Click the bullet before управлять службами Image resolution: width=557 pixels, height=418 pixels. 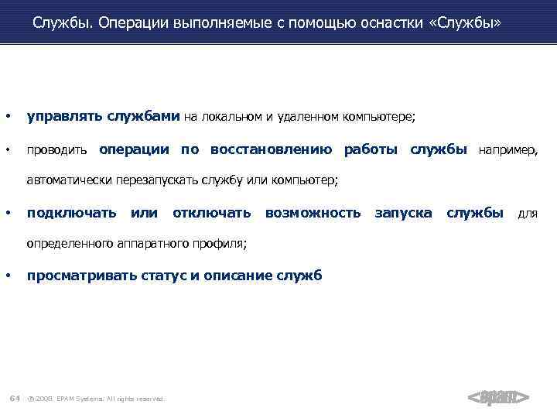pos(9,117)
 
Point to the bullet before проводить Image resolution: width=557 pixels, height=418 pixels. pos(9,149)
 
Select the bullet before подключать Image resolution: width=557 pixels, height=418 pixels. pos(9,212)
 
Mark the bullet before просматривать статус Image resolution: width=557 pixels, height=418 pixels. pos(9,276)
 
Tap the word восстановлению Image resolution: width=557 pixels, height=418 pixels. pos(271,149)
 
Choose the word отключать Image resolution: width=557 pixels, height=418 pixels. pos(211,212)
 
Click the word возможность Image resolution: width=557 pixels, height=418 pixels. pos(313,212)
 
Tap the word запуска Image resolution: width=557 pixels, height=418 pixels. pos(403,212)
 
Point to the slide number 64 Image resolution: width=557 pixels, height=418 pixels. pos(14,398)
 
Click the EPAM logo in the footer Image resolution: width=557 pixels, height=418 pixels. pos(499,398)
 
